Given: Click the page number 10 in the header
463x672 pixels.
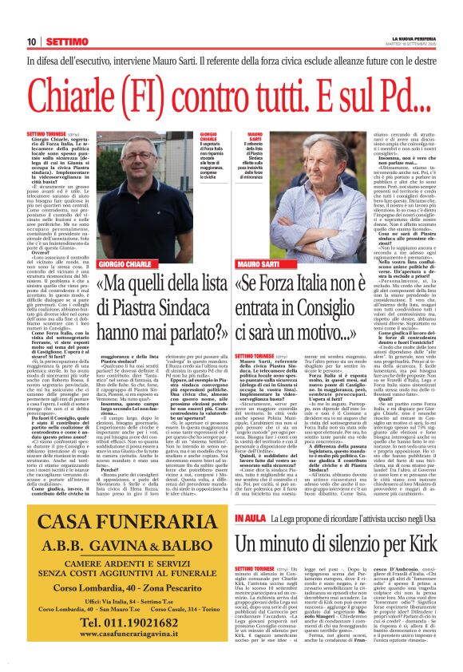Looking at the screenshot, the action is click(31, 42).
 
